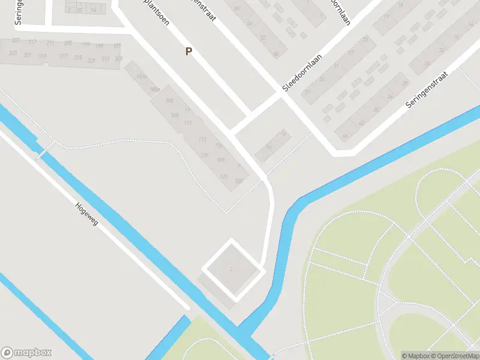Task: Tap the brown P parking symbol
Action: (x=188, y=52)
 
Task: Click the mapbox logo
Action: (x=26, y=352)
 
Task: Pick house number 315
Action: (x=77, y=58)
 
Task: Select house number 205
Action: (x=68, y=44)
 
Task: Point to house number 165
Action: (x=175, y=115)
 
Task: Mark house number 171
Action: (x=224, y=176)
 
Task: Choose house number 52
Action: (x=262, y=37)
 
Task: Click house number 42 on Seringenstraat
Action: (x=361, y=123)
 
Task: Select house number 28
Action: (x=427, y=63)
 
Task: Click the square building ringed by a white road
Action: (x=231, y=268)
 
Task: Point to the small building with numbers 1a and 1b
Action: (x=275, y=143)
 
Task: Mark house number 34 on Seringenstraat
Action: (x=390, y=96)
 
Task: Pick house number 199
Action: (x=86, y=45)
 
